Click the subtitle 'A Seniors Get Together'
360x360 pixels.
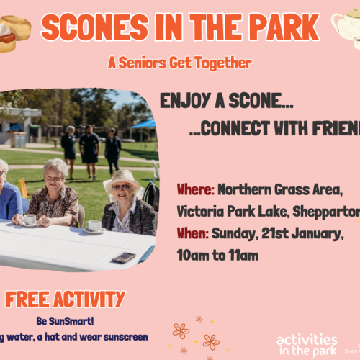pos(179,63)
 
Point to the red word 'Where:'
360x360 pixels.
pos(195,191)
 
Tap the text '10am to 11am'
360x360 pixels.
pos(217,254)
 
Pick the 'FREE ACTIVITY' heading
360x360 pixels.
pos(66,300)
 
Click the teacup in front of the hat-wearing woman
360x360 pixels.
pos(94,226)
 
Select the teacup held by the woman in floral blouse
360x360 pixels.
pos(30,219)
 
